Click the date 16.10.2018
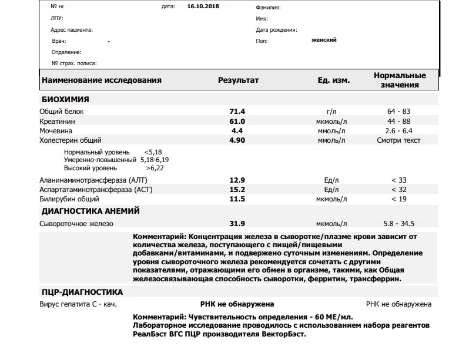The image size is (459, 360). point(202,6)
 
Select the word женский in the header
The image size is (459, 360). point(324,40)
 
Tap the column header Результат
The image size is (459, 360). point(238,80)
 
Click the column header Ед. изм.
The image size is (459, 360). point(334,80)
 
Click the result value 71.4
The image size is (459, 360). point(237,111)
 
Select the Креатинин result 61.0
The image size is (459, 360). point(237,121)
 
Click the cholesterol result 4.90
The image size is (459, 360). point(237,140)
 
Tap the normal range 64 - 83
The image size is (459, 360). point(400,111)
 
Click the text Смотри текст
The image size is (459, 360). point(400,140)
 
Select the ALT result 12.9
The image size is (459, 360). point(237,180)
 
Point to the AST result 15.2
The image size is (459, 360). point(237,190)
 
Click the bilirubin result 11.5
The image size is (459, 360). point(237,199)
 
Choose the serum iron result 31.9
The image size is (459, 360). point(237,224)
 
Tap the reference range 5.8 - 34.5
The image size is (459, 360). point(400,224)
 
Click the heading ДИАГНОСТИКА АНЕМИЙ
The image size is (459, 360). point(90,211)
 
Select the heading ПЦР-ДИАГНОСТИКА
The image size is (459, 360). point(82,292)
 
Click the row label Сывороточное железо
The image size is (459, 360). point(76,224)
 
